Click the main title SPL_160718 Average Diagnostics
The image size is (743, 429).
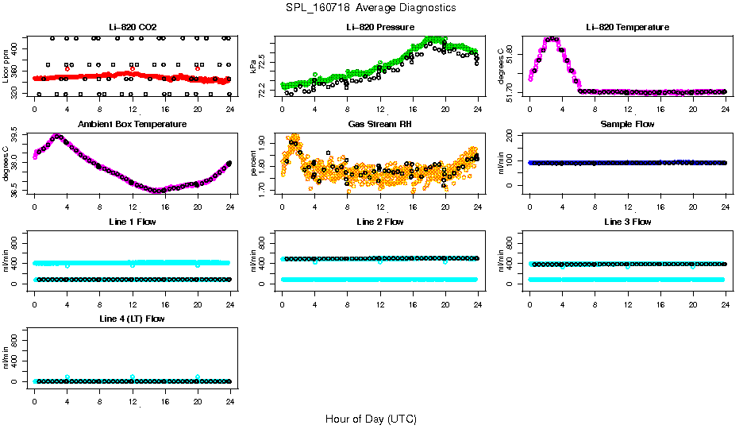pos(371,7)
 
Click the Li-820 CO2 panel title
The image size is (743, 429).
pos(132,27)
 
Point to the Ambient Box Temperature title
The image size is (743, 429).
pos(132,124)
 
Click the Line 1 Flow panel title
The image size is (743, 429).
pos(132,222)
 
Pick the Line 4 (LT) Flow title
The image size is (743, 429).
pos(132,319)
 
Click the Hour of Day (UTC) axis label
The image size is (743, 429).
pos(371,419)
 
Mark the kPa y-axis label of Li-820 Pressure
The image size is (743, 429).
pos(254,68)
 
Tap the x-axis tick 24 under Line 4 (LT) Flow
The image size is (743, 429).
pos(230,393)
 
